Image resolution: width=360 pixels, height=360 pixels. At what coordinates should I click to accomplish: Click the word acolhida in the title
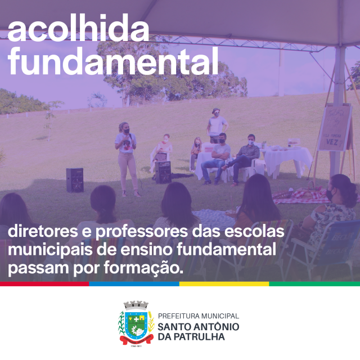[x=79, y=28]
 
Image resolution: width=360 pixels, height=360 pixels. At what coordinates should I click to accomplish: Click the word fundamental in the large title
[x=113, y=60]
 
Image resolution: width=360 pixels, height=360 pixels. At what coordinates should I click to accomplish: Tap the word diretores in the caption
[x=43, y=231]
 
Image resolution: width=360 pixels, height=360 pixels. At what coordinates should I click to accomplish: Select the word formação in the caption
[x=143, y=268]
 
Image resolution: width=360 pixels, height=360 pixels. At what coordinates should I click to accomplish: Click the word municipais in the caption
[x=50, y=250]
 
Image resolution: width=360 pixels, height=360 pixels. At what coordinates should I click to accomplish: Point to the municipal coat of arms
[x=136, y=323]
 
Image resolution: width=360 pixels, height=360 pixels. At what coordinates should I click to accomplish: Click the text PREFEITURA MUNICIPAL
[x=199, y=316]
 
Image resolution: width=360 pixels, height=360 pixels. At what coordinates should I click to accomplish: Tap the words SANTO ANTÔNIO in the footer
[x=199, y=326]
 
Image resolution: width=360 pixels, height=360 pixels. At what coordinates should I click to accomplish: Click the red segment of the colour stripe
[x=44, y=283]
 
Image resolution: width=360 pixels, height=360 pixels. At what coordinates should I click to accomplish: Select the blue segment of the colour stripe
[x=134, y=283]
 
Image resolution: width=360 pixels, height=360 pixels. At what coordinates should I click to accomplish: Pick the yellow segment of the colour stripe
[x=224, y=283]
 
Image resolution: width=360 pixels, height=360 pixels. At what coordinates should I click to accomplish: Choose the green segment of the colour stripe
[x=314, y=283]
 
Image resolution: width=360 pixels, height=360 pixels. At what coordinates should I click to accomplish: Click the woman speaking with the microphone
[x=127, y=159]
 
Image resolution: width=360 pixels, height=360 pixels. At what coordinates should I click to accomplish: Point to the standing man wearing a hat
[x=217, y=125]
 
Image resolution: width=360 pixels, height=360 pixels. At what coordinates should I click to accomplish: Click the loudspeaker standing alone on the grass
[x=75, y=180]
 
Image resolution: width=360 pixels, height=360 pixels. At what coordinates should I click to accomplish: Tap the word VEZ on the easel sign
[x=332, y=142]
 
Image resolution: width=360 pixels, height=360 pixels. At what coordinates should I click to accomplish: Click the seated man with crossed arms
[x=217, y=159]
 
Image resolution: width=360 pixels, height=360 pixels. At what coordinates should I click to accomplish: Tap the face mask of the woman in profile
[x=329, y=195]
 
